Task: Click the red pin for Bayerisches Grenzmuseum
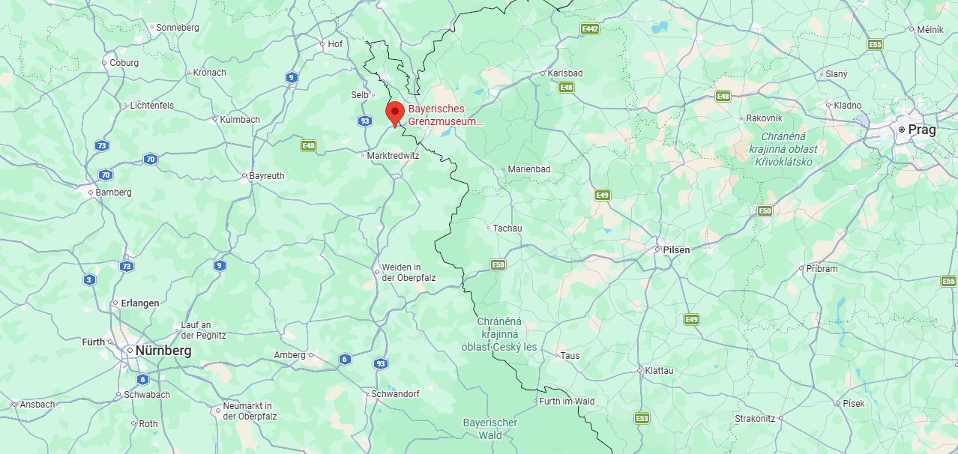click(395, 113)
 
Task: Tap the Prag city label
click(921, 130)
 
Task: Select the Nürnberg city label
click(163, 351)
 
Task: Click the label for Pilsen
click(676, 249)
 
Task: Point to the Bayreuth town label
click(267, 176)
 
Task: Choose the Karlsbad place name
click(565, 73)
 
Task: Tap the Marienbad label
click(528, 169)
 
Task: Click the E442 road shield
click(591, 29)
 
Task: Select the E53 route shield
click(642, 418)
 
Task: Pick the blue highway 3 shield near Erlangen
click(90, 280)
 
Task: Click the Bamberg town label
click(114, 193)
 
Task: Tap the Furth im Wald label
click(567, 402)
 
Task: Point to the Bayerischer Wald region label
click(490, 429)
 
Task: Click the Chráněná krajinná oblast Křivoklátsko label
click(783, 149)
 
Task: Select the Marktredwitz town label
click(393, 156)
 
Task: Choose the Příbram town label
click(822, 268)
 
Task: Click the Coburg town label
click(124, 63)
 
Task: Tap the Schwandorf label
click(395, 394)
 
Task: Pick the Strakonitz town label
click(755, 419)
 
